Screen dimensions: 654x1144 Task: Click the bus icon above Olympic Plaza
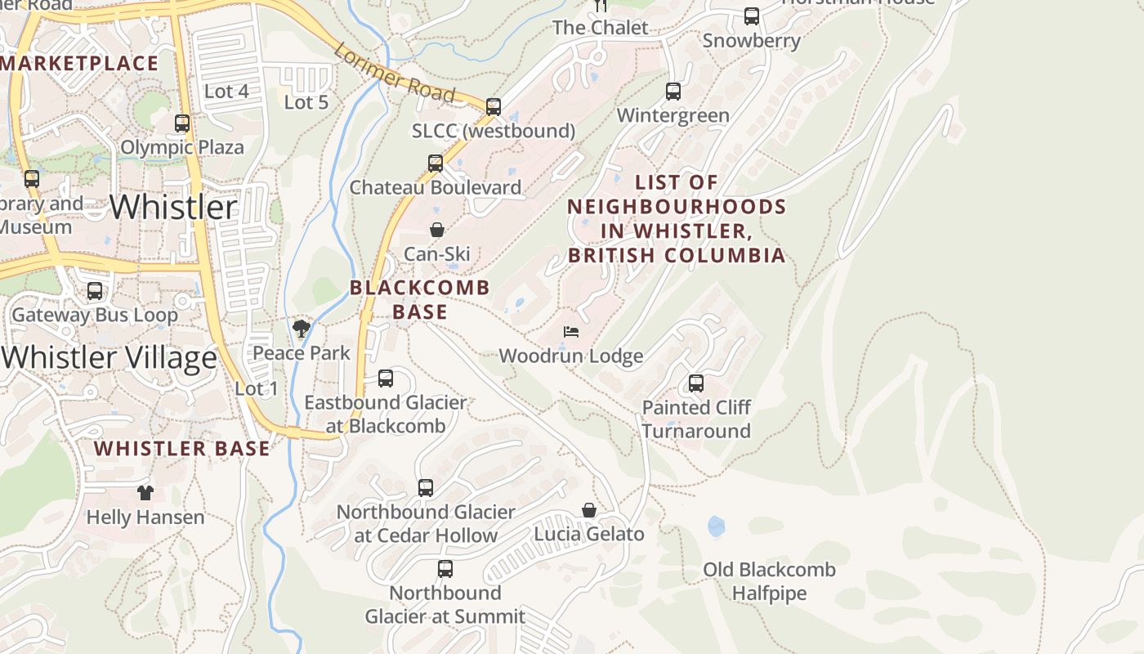click(x=182, y=123)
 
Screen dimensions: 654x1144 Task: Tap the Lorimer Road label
click(x=394, y=73)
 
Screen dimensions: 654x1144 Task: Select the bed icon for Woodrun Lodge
click(x=572, y=332)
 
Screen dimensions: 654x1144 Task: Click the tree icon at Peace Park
click(x=302, y=329)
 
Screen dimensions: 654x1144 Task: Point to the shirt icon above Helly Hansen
click(x=145, y=492)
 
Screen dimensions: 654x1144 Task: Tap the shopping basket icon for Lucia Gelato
click(x=589, y=510)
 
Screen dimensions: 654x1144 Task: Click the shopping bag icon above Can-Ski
click(x=437, y=230)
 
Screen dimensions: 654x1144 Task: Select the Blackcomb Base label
click(x=420, y=299)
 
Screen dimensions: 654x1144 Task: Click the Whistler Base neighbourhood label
click(x=181, y=448)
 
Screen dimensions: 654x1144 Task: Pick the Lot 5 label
click(x=306, y=102)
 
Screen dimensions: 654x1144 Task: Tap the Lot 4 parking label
click(x=226, y=92)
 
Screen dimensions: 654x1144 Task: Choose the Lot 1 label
click(x=257, y=388)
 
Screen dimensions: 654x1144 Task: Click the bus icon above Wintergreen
click(x=673, y=91)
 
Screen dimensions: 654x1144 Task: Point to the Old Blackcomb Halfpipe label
click(x=769, y=581)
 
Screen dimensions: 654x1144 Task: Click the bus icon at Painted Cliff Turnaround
click(x=696, y=383)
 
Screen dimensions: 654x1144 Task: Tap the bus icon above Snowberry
click(x=752, y=16)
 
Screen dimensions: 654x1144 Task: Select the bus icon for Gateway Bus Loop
click(x=95, y=291)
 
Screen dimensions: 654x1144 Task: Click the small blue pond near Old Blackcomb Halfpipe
click(x=717, y=526)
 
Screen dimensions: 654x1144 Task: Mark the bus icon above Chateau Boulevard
click(x=436, y=163)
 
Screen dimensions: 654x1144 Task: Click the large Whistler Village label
click(x=109, y=357)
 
